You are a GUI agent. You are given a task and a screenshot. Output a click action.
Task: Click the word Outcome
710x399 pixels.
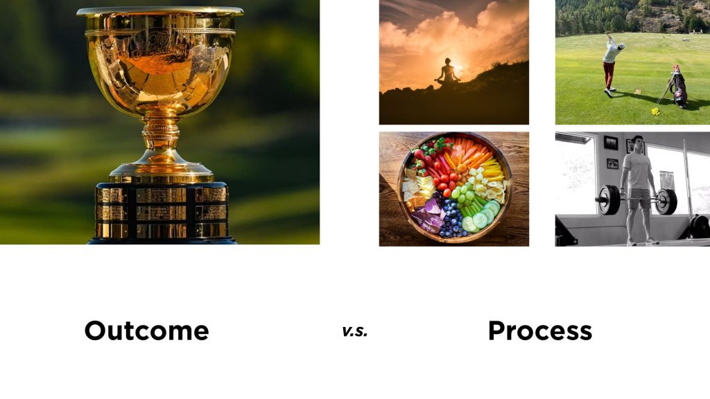[x=147, y=330]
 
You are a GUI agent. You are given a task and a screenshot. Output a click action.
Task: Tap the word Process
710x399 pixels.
[x=540, y=330]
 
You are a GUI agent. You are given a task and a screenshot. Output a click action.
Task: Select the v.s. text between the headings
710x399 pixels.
[x=354, y=332]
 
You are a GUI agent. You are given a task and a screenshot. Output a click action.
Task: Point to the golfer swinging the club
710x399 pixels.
[x=612, y=66]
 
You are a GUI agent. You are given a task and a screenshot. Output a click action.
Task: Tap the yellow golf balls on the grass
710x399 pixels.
[x=655, y=111]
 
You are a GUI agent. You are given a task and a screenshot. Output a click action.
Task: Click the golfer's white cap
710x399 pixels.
[x=621, y=46]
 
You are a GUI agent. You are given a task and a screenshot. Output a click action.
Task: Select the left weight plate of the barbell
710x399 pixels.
[x=610, y=200]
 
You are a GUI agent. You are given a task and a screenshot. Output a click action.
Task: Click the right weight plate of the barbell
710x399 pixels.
[x=666, y=202]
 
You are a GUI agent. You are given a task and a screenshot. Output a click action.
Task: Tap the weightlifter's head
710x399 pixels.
[x=637, y=144]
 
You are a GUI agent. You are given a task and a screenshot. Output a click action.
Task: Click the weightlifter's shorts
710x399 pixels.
[x=639, y=198]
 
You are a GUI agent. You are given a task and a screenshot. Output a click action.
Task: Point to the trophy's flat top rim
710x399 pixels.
[x=160, y=11]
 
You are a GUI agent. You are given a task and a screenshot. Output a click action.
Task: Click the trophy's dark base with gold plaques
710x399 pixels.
[x=162, y=213]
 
